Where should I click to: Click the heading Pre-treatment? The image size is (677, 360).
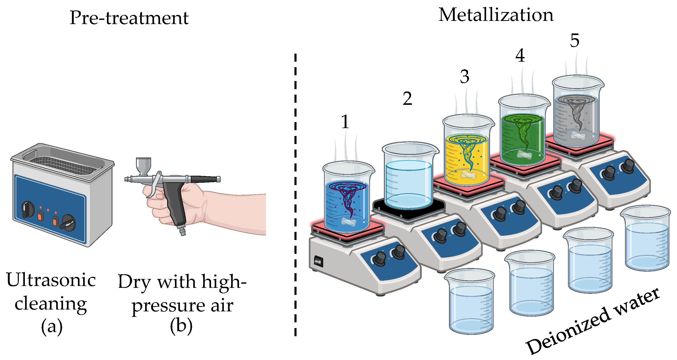129,18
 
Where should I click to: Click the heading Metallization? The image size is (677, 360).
496,15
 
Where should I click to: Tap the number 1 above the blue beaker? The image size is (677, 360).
345,122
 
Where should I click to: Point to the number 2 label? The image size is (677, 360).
407,99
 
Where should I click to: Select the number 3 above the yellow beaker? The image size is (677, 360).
464,77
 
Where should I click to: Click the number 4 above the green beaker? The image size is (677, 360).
520,56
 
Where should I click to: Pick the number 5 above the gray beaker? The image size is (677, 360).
574,41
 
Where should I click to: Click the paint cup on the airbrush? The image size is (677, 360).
143,165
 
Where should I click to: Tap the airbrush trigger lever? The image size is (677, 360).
155,184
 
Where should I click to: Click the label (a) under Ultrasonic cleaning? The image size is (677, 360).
52,327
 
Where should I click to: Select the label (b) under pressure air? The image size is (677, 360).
181,326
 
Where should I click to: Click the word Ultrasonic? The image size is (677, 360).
51,280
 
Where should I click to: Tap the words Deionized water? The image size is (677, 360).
593,322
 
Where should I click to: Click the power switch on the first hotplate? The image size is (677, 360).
318,262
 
